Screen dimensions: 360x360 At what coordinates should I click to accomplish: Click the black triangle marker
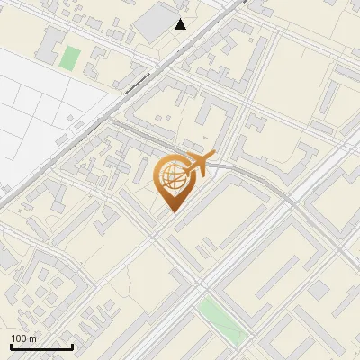(x=181, y=24)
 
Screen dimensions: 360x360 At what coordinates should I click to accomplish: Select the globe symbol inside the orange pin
(x=171, y=177)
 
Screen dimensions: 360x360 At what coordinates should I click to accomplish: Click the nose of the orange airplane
(x=213, y=155)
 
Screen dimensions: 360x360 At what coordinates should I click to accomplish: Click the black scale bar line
(x=41, y=346)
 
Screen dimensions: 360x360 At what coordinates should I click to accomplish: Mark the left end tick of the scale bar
(x=11, y=345)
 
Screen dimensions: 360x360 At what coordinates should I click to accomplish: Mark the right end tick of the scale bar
(x=72, y=345)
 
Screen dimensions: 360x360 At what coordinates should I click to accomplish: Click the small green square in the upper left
(x=69, y=58)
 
